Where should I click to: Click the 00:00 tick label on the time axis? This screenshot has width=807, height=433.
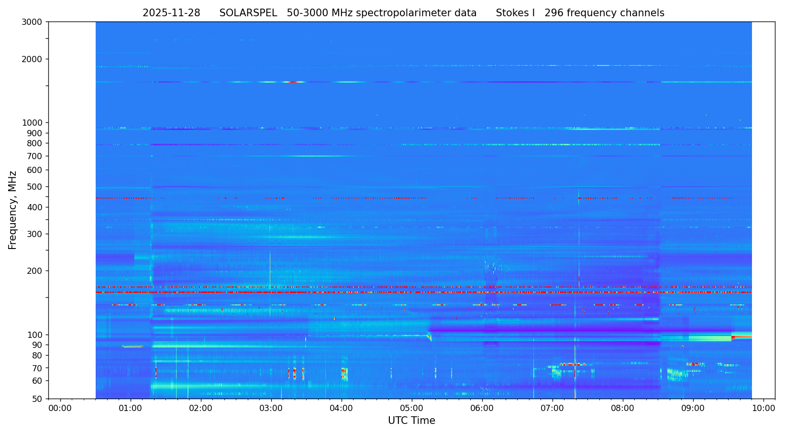click(x=60, y=408)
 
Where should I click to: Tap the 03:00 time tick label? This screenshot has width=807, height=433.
click(x=271, y=408)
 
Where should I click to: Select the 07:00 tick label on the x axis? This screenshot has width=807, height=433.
click(x=553, y=408)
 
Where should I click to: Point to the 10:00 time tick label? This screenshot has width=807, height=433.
click(x=763, y=408)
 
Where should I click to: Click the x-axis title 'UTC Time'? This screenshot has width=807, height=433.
click(x=411, y=421)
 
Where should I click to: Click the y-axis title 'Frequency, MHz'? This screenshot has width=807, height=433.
click(x=13, y=210)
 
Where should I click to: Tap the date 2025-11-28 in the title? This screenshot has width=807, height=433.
click(x=171, y=13)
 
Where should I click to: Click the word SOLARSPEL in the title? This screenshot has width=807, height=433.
click(x=248, y=13)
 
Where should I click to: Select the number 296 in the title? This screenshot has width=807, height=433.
click(x=553, y=13)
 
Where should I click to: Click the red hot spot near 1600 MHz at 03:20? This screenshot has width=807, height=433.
click(x=293, y=82)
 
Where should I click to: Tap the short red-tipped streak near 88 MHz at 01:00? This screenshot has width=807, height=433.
click(x=133, y=346)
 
